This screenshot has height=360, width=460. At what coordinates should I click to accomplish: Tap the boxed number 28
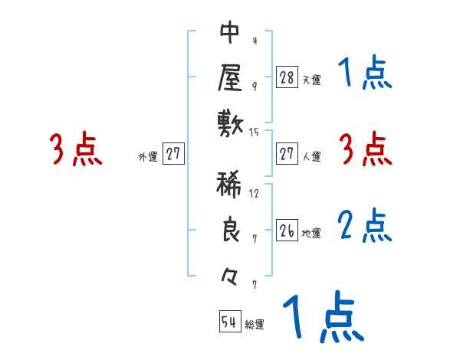[287, 77]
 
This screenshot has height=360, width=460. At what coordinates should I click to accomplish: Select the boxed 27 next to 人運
[287, 154]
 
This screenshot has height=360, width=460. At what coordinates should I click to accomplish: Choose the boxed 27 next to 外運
[173, 154]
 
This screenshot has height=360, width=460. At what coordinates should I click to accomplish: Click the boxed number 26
[287, 231]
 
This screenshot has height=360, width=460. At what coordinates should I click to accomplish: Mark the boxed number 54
[229, 322]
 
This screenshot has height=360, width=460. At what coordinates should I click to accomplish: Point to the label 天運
[311, 79]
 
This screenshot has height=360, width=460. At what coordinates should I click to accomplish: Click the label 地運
[311, 233]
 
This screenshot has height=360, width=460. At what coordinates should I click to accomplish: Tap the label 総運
[255, 324]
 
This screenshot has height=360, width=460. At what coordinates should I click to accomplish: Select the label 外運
[148, 156]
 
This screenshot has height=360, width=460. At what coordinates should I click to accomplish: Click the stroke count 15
[255, 133]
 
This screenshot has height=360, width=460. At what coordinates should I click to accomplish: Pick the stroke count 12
[255, 193]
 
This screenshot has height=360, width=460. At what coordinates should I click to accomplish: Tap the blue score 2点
[365, 226]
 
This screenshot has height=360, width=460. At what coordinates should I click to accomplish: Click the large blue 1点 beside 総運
[323, 316]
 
